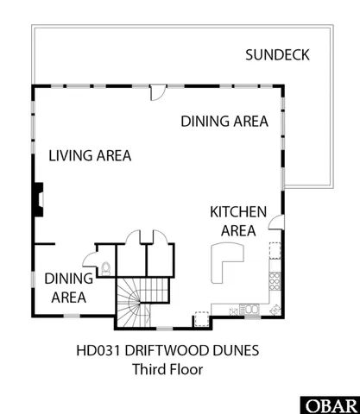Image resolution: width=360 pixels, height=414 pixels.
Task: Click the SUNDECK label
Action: point(276,56)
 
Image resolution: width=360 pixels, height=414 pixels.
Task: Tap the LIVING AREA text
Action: point(90,156)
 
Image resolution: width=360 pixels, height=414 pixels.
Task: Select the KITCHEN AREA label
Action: point(238,221)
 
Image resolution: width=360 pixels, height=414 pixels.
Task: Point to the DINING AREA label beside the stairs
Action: point(66,288)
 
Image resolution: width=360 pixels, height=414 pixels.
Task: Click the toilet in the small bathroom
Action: point(105,267)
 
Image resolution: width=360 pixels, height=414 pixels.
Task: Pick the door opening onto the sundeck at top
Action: point(158,91)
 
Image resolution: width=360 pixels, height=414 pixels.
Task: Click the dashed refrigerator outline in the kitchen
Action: point(275,251)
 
